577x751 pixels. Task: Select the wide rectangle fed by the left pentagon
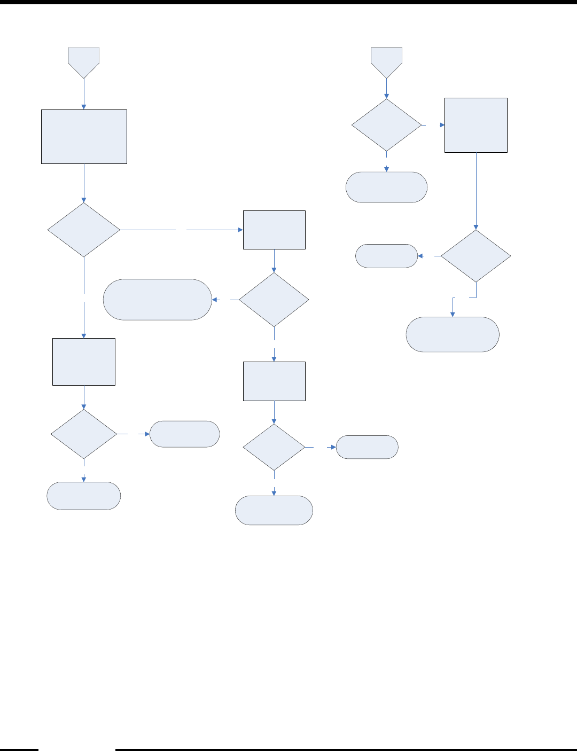[84, 137]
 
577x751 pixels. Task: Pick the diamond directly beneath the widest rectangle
[84, 230]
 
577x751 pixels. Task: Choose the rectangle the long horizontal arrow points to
[274, 230]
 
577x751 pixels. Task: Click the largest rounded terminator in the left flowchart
[158, 300]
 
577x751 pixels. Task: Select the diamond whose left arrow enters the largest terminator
[274, 300]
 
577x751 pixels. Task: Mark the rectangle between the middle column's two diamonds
[274, 381]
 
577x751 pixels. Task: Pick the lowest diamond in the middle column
[274, 447]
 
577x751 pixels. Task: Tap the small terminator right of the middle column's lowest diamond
[367, 447]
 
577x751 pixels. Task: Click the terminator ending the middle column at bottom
[274, 510]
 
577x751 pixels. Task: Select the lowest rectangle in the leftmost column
[84, 362]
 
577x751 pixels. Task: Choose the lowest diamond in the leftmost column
[84, 434]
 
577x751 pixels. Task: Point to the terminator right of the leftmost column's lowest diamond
[184, 434]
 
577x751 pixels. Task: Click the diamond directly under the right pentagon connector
[387, 125]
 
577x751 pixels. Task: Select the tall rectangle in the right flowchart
[476, 125]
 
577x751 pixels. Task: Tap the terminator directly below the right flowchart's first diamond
[387, 187]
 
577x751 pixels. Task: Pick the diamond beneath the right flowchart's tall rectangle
[476, 256]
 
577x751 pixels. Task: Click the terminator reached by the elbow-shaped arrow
[453, 334]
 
